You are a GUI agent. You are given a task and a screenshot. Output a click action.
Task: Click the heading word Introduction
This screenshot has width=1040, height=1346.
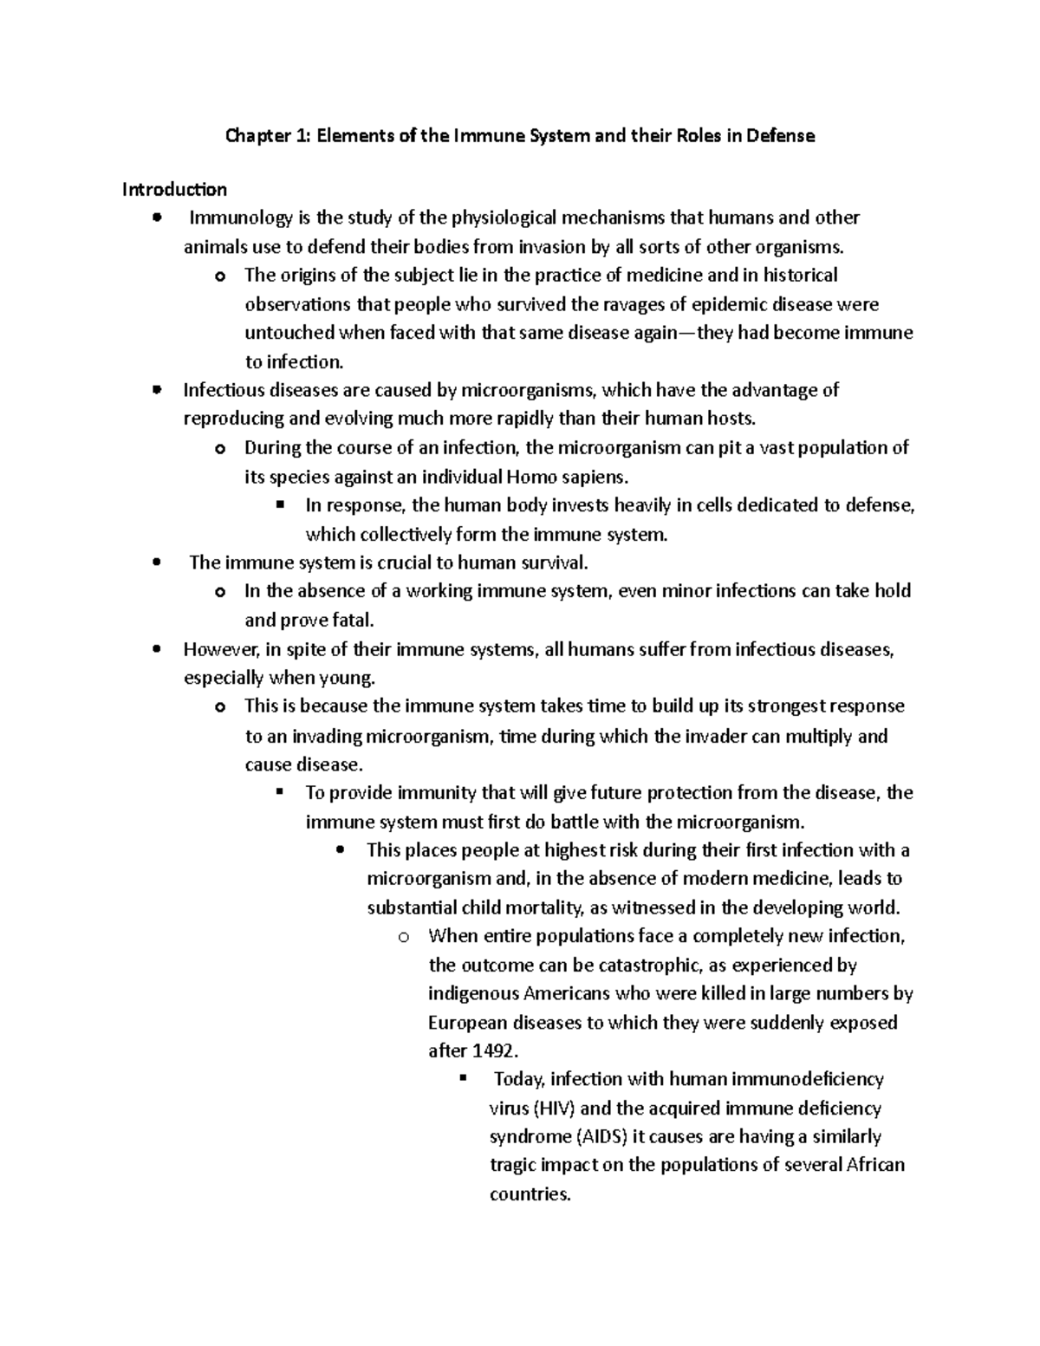[174, 189]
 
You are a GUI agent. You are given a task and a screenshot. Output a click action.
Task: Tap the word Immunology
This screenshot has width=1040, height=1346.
[236, 218]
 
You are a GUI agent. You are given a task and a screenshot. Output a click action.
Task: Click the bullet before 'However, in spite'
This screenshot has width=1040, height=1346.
[156, 649]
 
